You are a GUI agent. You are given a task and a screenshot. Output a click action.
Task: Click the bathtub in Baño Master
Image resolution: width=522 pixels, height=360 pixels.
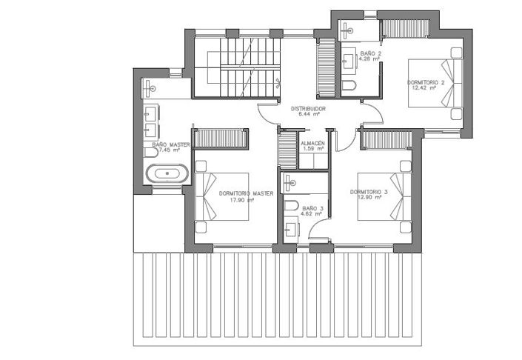click(x=167, y=175)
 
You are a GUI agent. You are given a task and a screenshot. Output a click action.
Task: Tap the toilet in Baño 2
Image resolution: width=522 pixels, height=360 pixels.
click(x=349, y=87)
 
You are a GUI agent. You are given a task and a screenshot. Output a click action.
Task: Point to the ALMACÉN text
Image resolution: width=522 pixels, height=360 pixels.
click(x=312, y=143)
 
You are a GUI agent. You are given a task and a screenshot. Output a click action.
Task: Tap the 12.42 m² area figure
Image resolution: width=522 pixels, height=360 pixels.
click(x=425, y=87)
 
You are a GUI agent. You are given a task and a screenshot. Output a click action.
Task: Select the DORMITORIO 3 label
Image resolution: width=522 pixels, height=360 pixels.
click(x=368, y=192)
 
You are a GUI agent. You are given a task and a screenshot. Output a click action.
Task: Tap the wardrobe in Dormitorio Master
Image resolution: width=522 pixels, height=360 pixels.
click(x=220, y=138)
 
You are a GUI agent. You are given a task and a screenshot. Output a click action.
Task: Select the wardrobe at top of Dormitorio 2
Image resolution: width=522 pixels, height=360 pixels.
click(x=405, y=28)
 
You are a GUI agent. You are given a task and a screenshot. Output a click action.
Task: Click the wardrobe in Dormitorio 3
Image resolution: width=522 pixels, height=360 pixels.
click(x=386, y=140)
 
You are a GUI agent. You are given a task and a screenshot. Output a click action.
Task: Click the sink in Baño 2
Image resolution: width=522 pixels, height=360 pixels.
click(x=348, y=59)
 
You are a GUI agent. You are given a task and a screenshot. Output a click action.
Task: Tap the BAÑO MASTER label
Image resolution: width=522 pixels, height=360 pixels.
click(x=171, y=144)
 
